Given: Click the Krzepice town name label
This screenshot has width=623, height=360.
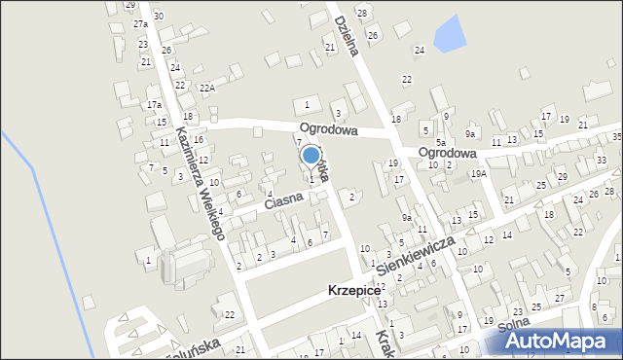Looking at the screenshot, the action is (356, 292).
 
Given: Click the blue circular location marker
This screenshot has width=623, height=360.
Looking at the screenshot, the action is (311, 155).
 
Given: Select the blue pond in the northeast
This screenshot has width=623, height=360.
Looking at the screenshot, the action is (449, 35).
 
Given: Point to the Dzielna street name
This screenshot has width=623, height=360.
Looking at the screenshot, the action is (348, 33).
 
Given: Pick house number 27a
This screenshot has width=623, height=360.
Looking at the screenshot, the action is (140, 23).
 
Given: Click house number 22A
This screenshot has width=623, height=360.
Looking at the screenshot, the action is (206, 88).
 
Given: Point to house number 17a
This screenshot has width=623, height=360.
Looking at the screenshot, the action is (154, 104).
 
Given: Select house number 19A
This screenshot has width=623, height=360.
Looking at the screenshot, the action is (479, 173).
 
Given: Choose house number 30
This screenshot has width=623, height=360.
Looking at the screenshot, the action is (158, 17).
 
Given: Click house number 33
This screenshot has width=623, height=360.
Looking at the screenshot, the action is (603, 160).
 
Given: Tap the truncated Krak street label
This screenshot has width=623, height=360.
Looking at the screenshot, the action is (385, 342).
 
